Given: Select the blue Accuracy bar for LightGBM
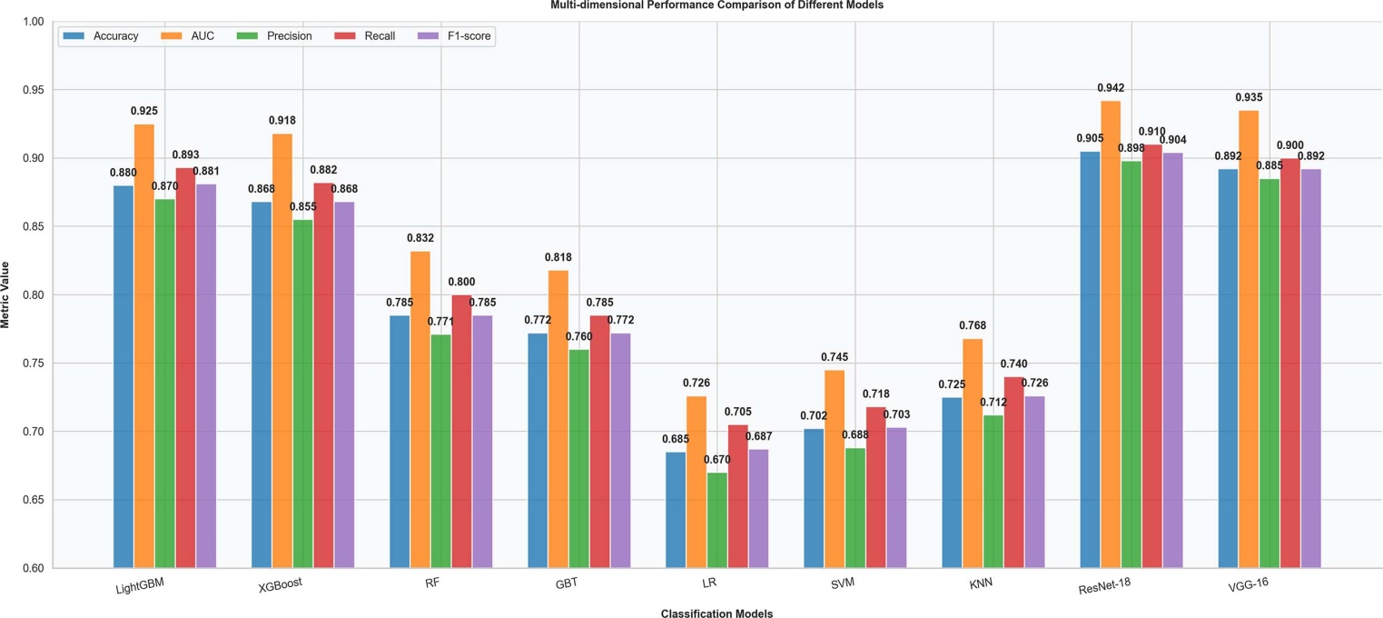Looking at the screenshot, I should pyautogui.click(x=123, y=376).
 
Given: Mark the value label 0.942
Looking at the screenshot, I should pyautogui.click(x=1111, y=88).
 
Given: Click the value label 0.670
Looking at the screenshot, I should pyautogui.click(x=716, y=459).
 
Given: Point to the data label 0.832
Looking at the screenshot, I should pyautogui.click(x=420, y=238).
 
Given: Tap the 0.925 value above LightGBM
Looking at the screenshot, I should pyautogui.click(x=144, y=111).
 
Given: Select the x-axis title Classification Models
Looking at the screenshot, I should pyautogui.click(x=716, y=613).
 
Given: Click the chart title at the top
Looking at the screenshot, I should pyautogui.click(x=716, y=5).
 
